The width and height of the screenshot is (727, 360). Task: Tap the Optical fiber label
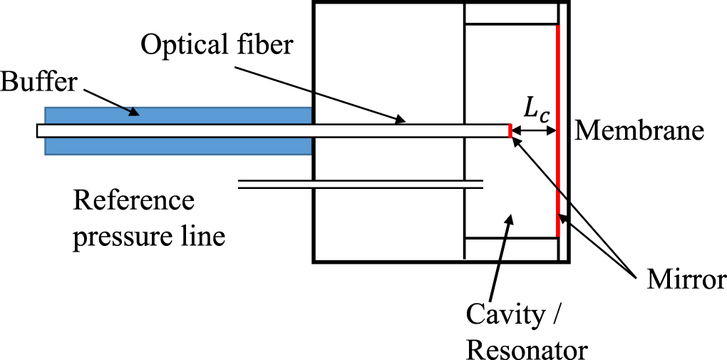click(216, 46)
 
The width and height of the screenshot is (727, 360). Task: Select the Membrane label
click(639, 130)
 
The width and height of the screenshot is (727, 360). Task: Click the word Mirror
click(686, 279)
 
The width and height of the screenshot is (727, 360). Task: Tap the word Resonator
click(527, 349)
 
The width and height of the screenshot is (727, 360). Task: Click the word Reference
click(133, 200)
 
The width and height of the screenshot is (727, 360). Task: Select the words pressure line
click(149, 235)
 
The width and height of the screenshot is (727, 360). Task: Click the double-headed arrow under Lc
click(535, 131)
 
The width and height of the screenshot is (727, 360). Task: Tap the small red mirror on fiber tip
click(510, 131)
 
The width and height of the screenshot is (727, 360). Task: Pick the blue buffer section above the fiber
click(178, 115)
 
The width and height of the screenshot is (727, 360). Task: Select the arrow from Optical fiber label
click(321, 93)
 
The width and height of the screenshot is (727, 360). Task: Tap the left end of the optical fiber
click(40, 131)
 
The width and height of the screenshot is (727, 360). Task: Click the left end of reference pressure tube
click(241, 185)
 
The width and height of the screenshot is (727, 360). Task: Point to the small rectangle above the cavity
click(510, 14)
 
